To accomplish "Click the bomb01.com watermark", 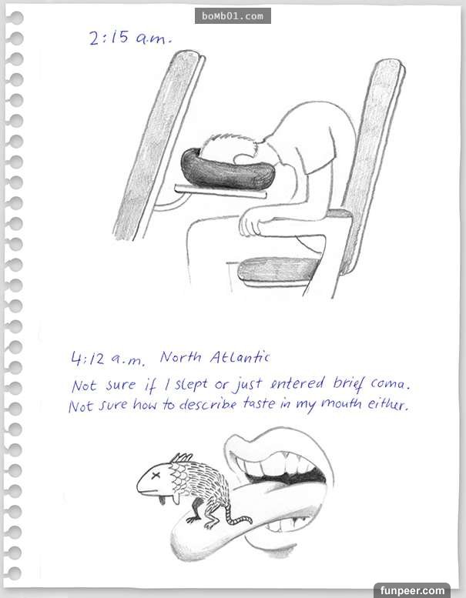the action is pos(233,16).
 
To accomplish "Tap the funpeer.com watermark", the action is pos(412,591).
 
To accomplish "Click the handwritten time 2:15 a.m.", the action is pos(130,38).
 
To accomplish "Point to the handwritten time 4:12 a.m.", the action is pos(108,359).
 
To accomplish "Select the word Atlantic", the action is pos(240,357).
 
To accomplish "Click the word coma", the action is pos(391,384).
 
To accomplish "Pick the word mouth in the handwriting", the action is pos(341,403).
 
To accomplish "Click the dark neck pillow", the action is pos(227,170).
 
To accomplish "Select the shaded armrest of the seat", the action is pos(278,271).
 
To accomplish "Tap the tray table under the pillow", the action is pos(220,192).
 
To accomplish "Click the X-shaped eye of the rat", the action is pos(156,476).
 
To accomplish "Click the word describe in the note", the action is pos(208,403).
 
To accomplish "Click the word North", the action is pos(180,357).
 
